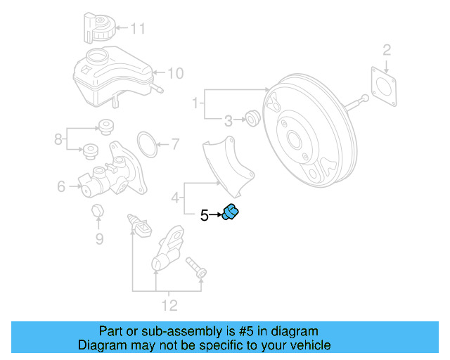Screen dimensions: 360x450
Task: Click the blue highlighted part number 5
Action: (231, 212)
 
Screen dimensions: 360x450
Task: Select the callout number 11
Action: (138, 29)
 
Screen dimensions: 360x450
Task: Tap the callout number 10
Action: (175, 72)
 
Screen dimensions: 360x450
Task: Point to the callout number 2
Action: (386, 49)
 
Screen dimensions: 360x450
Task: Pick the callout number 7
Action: (175, 146)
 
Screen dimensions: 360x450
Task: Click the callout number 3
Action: (228, 121)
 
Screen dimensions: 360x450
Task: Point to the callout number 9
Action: (99, 239)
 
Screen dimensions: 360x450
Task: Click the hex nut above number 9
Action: (99, 211)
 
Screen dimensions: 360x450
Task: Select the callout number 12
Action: (169, 305)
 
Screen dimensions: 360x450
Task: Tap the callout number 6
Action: (61, 186)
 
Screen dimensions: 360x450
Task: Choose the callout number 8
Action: (58, 140)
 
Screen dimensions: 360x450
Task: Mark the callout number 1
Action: (195, 105)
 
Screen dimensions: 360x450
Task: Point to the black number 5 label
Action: (204, 216)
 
